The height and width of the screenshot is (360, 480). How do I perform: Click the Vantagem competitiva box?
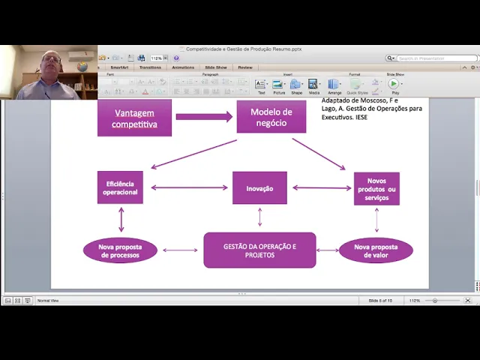click(x=134, y=118)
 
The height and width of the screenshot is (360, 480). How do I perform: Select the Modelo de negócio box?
click(x=271, y=117)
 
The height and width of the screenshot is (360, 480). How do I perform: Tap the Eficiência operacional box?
click(x=120, y=187)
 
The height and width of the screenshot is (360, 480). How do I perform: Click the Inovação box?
click(x=259, y=188)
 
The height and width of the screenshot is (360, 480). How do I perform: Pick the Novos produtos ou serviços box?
click(x=376, y=189)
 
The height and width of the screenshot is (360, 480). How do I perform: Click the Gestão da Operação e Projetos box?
click(x=259, y=250)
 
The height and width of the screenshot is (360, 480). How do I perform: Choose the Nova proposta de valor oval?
click(x=376, y=250)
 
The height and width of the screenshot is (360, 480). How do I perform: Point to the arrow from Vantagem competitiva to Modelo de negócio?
click(x=204, y=117)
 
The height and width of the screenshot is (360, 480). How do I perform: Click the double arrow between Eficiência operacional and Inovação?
click(x=188, y=188)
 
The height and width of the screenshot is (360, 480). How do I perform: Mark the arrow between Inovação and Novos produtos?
click(x=321, y=188)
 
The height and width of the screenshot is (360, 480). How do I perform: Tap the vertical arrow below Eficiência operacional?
click(x=121, y=219)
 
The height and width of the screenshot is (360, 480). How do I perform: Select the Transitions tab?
click(x=150, y=67)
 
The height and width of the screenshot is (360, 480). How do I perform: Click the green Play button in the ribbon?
click(x=394, y=84)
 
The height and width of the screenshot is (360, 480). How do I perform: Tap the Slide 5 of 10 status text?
click(x=380, y=300)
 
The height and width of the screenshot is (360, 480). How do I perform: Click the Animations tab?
click(x=183, y=67)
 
